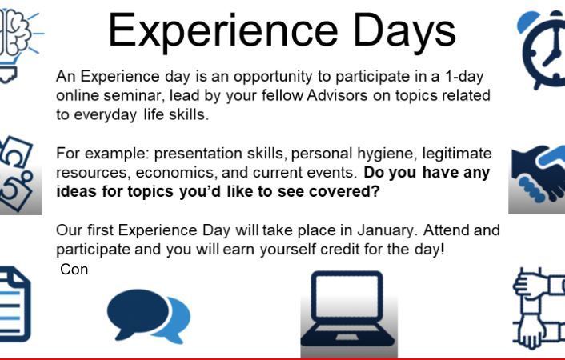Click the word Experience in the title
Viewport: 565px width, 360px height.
click(223, 30)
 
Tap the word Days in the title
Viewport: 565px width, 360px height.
click(405, 34)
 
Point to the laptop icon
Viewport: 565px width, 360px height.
click(347, 309)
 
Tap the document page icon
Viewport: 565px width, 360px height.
click(15, 304)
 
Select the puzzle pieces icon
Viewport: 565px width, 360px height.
click(16, 173)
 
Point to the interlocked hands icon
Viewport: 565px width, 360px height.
click(539, 308)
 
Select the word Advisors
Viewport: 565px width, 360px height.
click(337, 95)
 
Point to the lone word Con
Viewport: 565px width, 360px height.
click(74, 270)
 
